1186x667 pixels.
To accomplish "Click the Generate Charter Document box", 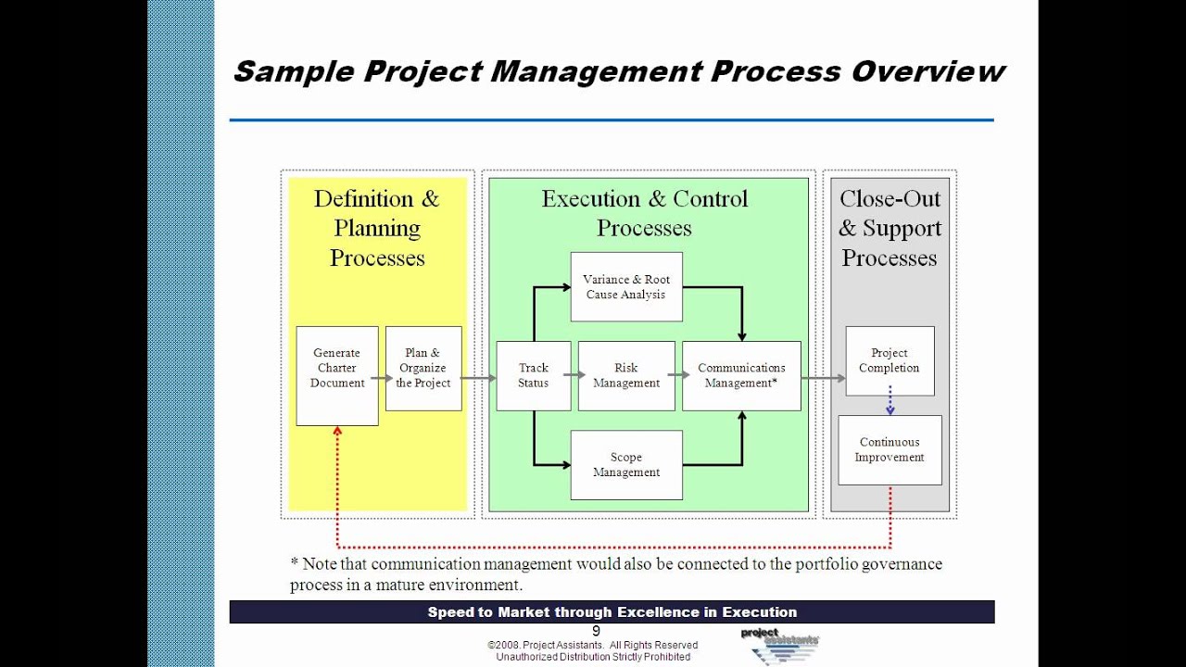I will tap(337, 375).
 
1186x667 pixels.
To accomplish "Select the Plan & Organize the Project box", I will tap(423, 368).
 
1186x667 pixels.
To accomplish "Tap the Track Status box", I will tap(534, 375).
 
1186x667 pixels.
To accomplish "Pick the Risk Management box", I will tap(626, 375).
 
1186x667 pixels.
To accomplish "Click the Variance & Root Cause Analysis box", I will tap(626, 287).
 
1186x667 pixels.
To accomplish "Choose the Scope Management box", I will tap(626, 465).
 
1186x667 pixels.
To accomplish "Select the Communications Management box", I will tap(741, 375).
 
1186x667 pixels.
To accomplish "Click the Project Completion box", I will tap(889, 360).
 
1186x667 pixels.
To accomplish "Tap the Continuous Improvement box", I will tap(889, 449).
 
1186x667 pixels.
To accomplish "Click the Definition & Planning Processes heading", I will tap(377, 228).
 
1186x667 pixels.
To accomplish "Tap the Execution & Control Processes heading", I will tap(645, 213).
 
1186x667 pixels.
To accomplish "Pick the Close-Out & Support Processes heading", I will tap(889, 228).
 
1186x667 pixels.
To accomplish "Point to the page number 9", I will tap(596, 631).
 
